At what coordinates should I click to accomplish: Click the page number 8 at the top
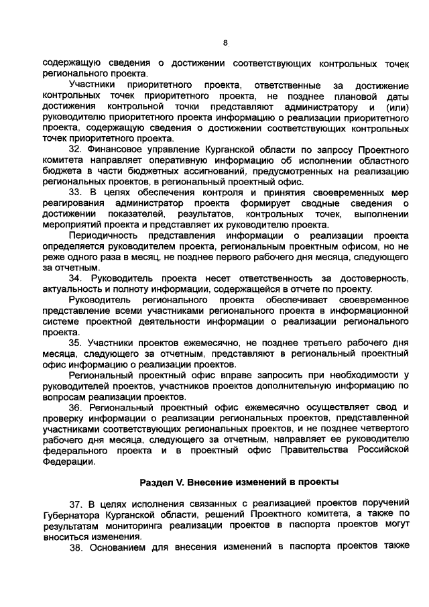tap(225, 43)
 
